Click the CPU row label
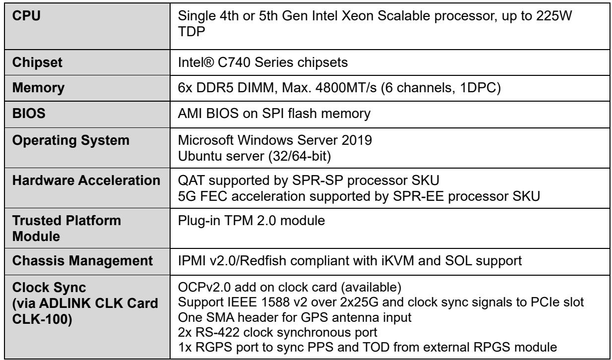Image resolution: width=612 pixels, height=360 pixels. tap(26, 15)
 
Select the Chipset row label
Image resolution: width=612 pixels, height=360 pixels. tap(37, 62)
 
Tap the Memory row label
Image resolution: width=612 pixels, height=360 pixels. tap(38, 88)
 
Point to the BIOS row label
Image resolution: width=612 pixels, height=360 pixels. tap(29, 114)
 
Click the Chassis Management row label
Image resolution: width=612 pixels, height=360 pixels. tap(82, 260)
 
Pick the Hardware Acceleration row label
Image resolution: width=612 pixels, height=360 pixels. tap(86, 180)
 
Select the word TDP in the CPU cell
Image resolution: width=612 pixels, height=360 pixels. tap(191, 31)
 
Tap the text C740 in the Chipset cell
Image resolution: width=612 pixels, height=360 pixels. tap(234, 62)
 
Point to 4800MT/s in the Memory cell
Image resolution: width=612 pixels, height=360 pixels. tap(346, 88)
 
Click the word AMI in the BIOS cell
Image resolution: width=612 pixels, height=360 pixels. tap(190, 114)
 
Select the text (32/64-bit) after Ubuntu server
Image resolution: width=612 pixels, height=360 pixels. tap(300, 156)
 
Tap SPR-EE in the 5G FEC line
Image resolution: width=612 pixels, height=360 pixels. tap(418, 196)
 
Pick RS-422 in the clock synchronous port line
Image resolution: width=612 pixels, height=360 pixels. tap(217, 332)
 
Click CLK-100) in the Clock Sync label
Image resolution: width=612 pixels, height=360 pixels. tap(42, 319)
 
